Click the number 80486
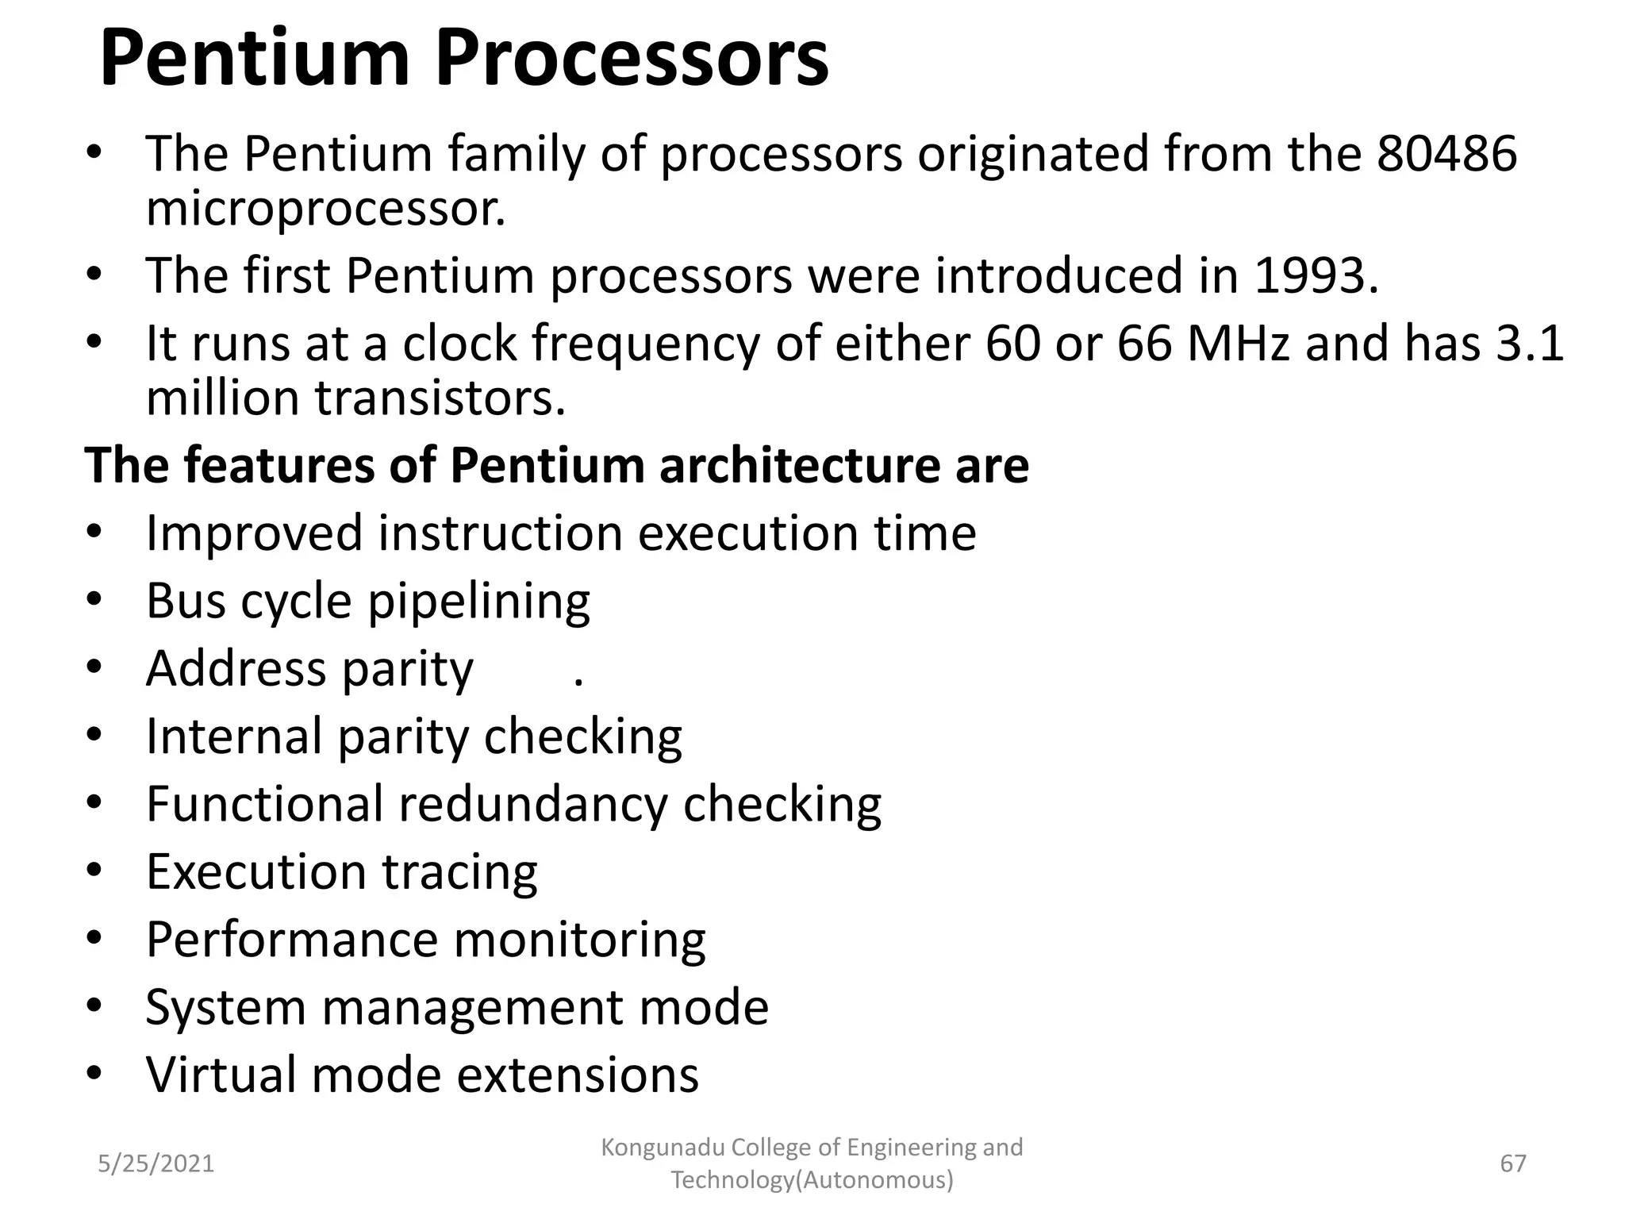[1446, 153]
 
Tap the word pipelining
[478, 602]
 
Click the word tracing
[459, 872]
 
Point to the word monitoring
[579, 940]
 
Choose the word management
[472, 1008]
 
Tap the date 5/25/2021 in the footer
[156, 1163]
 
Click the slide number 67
[1512, 1163]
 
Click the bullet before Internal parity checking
[94, 735]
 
